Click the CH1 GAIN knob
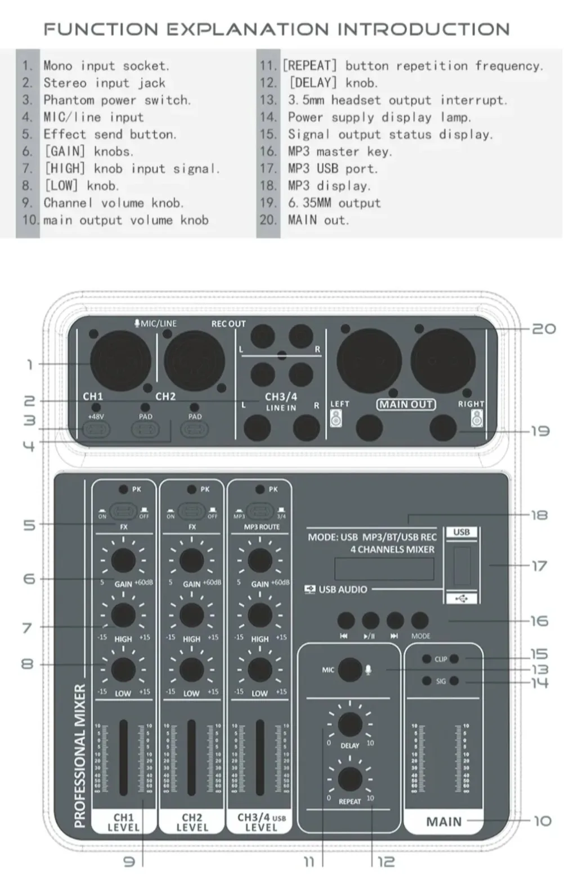tap(123, 560)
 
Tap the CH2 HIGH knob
tap(191, 615)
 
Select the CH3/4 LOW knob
tap(259, 669)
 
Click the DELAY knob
tap(350, 724)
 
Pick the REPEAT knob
tap(350, 779)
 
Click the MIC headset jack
tap(350, 669)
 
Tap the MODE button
tap(420, 620)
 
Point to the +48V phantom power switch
tap(96, 430)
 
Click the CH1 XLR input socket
tap(120, 361)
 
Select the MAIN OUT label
tap(406, 404)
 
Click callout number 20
tap(544, 328)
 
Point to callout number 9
tap(129, 861)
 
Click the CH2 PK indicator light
tap(192, 489)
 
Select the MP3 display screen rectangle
tap(384, 568)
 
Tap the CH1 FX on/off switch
tap(123, 511)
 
